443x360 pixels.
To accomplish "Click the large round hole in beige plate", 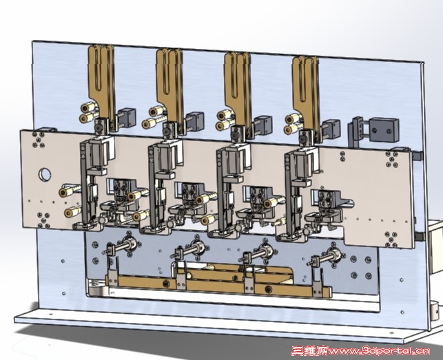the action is (x=45, y=174).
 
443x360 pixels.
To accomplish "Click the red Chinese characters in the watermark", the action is (x=309, y=351).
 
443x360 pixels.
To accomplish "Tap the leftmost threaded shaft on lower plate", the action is (x=122, y=245).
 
